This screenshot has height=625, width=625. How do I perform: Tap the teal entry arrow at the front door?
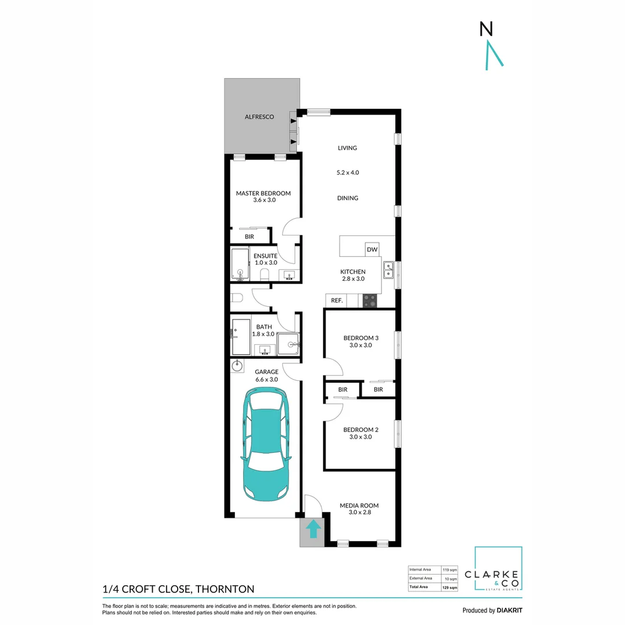coord(312,529)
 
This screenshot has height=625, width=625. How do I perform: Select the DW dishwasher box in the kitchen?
coord(372,249)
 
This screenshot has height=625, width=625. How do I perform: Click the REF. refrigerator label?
coord(336,300)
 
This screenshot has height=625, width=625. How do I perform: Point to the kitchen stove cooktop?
coord(369,300)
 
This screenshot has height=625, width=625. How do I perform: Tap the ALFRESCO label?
coord(259,117)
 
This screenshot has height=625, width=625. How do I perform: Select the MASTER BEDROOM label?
coord(263,193)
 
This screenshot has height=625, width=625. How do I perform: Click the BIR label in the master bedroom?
coord(249,237)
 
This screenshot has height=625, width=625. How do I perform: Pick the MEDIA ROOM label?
coord(359,505)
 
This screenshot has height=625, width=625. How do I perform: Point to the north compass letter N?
coord(486,29)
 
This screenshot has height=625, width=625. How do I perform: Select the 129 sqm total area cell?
coord(450,587)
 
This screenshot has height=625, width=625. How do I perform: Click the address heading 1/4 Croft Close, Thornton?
coord(178,589)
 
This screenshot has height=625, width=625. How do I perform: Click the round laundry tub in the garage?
coord(237,365)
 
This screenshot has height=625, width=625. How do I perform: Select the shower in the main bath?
coord(288,344)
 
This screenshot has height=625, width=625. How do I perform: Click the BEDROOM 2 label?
coord(361,429)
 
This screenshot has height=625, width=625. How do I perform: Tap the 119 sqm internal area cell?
coord(450,569)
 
